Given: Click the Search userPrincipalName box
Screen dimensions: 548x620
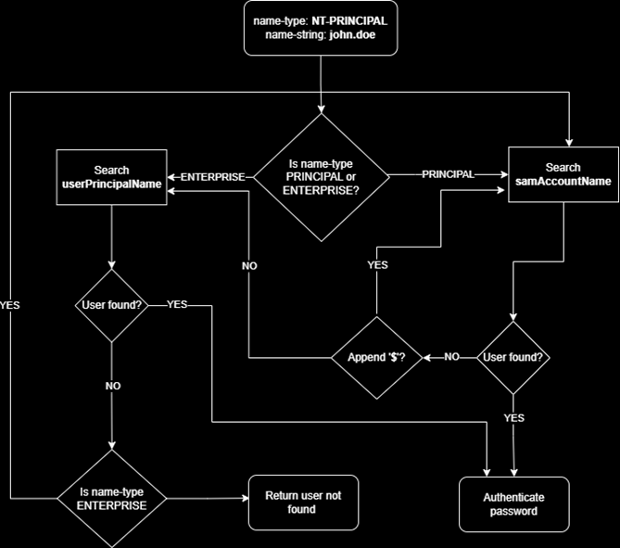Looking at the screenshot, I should tap(111, 177).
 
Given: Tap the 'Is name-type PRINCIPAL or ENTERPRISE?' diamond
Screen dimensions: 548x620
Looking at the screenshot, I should tap(322, 176).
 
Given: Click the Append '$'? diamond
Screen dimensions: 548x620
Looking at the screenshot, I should tap(374, 357).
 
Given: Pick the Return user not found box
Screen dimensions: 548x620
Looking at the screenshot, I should tap(303, 502).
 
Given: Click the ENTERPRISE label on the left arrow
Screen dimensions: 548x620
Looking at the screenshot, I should tap(212, 175).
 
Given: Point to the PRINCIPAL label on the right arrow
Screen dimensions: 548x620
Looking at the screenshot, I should tap(448, 173).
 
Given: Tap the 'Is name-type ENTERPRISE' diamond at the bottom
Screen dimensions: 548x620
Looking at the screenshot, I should tap(111, 498).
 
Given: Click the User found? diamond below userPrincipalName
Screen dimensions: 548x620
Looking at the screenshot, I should tap(111, 305).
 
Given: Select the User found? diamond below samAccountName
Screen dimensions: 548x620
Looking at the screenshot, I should tap(513, 357).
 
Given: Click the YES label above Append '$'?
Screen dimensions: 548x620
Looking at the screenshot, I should tap(377, 265).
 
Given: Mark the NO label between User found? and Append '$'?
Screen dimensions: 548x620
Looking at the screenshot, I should tap(451, 357).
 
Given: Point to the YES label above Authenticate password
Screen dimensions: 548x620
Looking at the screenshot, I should tap(513, 418).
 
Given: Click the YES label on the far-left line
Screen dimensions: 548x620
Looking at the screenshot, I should tap(10, 304).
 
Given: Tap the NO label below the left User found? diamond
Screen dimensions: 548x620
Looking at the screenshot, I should tap(111, 385).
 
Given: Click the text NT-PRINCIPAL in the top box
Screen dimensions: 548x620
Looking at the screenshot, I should tap(349, 19).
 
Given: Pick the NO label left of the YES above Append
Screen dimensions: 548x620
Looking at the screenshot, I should tap(249, 265).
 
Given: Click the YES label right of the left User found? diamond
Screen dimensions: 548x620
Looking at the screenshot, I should tap(177, 304).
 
